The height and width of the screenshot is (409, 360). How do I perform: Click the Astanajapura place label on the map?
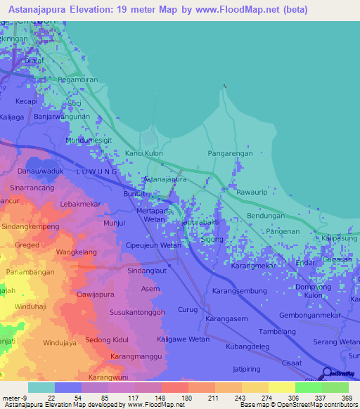[165, 179]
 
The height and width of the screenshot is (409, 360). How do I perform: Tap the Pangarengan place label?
[230, 152]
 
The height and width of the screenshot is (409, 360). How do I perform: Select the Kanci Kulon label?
[143, 152]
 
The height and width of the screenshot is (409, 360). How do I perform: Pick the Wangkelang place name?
[76, 251]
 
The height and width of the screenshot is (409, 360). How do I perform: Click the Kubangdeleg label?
[248, 347]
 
